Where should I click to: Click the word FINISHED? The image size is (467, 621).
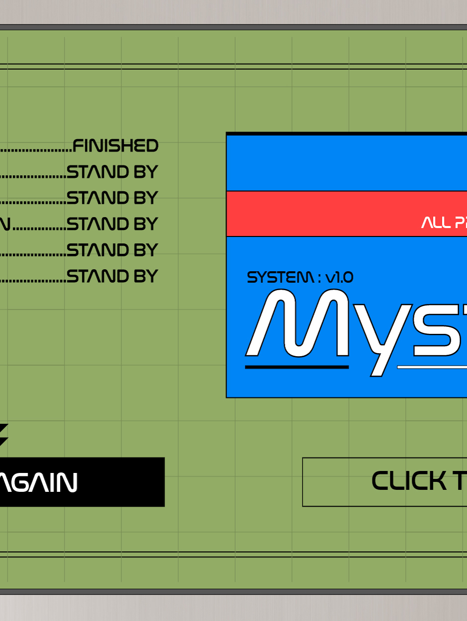(x=115, y=146)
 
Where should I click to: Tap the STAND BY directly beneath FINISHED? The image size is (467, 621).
(x=112, y=172)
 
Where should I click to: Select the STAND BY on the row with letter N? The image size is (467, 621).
(x=112, y=224)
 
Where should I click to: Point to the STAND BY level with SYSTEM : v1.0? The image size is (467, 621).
(x=112, y=276)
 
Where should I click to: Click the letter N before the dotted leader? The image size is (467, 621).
(x=5, y=225)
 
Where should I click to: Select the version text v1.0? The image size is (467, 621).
(x=339, y=277)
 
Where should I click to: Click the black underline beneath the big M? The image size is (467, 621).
(x=297, y=367)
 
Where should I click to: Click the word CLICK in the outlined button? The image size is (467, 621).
(x=409, y=481)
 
